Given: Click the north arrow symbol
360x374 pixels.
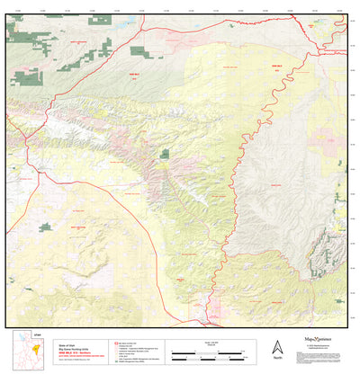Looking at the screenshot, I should pos(277,346).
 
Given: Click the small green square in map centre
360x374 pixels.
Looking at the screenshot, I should pos(165,155).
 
